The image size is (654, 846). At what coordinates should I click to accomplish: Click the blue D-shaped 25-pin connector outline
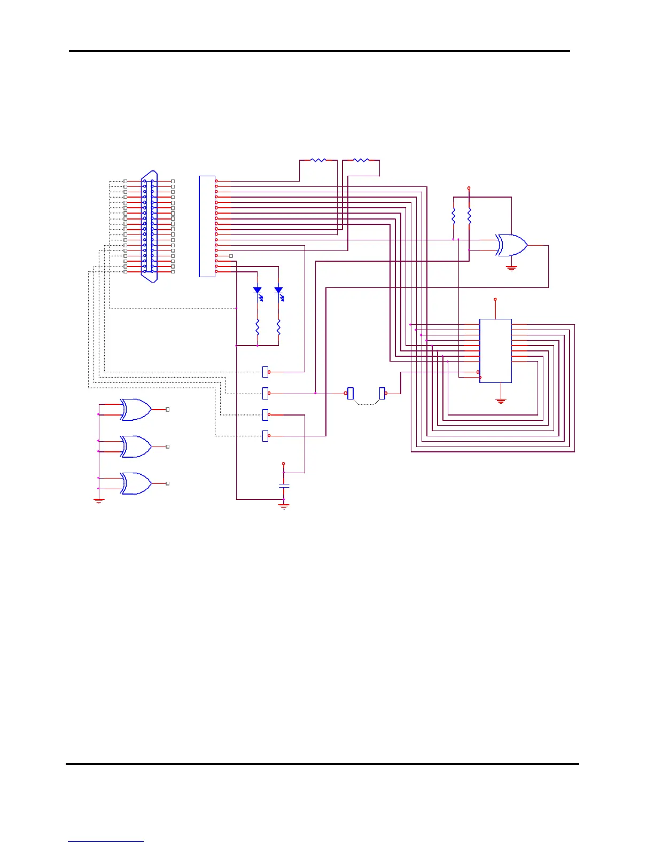click(149, 226)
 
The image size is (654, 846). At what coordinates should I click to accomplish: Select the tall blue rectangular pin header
click(207, 226)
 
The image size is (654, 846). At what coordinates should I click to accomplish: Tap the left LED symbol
click(257, 291)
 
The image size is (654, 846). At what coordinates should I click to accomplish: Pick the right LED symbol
click(278, 291)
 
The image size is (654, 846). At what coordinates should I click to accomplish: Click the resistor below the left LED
click(257, 326)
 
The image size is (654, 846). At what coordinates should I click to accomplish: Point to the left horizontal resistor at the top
click(318, 160)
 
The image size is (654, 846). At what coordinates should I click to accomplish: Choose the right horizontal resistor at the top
click(361, 160)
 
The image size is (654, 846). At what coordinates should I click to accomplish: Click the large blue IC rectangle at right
click(495, 351)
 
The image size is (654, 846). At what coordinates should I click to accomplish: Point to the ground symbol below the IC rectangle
click(501, 401)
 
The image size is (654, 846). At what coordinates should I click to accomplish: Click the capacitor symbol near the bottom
click(284, 485)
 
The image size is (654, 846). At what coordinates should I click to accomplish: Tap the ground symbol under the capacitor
click(284, 505)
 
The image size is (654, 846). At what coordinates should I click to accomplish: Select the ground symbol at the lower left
click(99, 502)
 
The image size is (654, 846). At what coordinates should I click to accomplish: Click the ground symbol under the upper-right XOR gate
click(511, 269)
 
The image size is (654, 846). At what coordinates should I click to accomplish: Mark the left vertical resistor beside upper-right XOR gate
click(453, 216)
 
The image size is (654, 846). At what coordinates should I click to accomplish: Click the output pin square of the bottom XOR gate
click(168, 483)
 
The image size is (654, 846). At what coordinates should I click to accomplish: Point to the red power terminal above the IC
click(495, 300)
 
